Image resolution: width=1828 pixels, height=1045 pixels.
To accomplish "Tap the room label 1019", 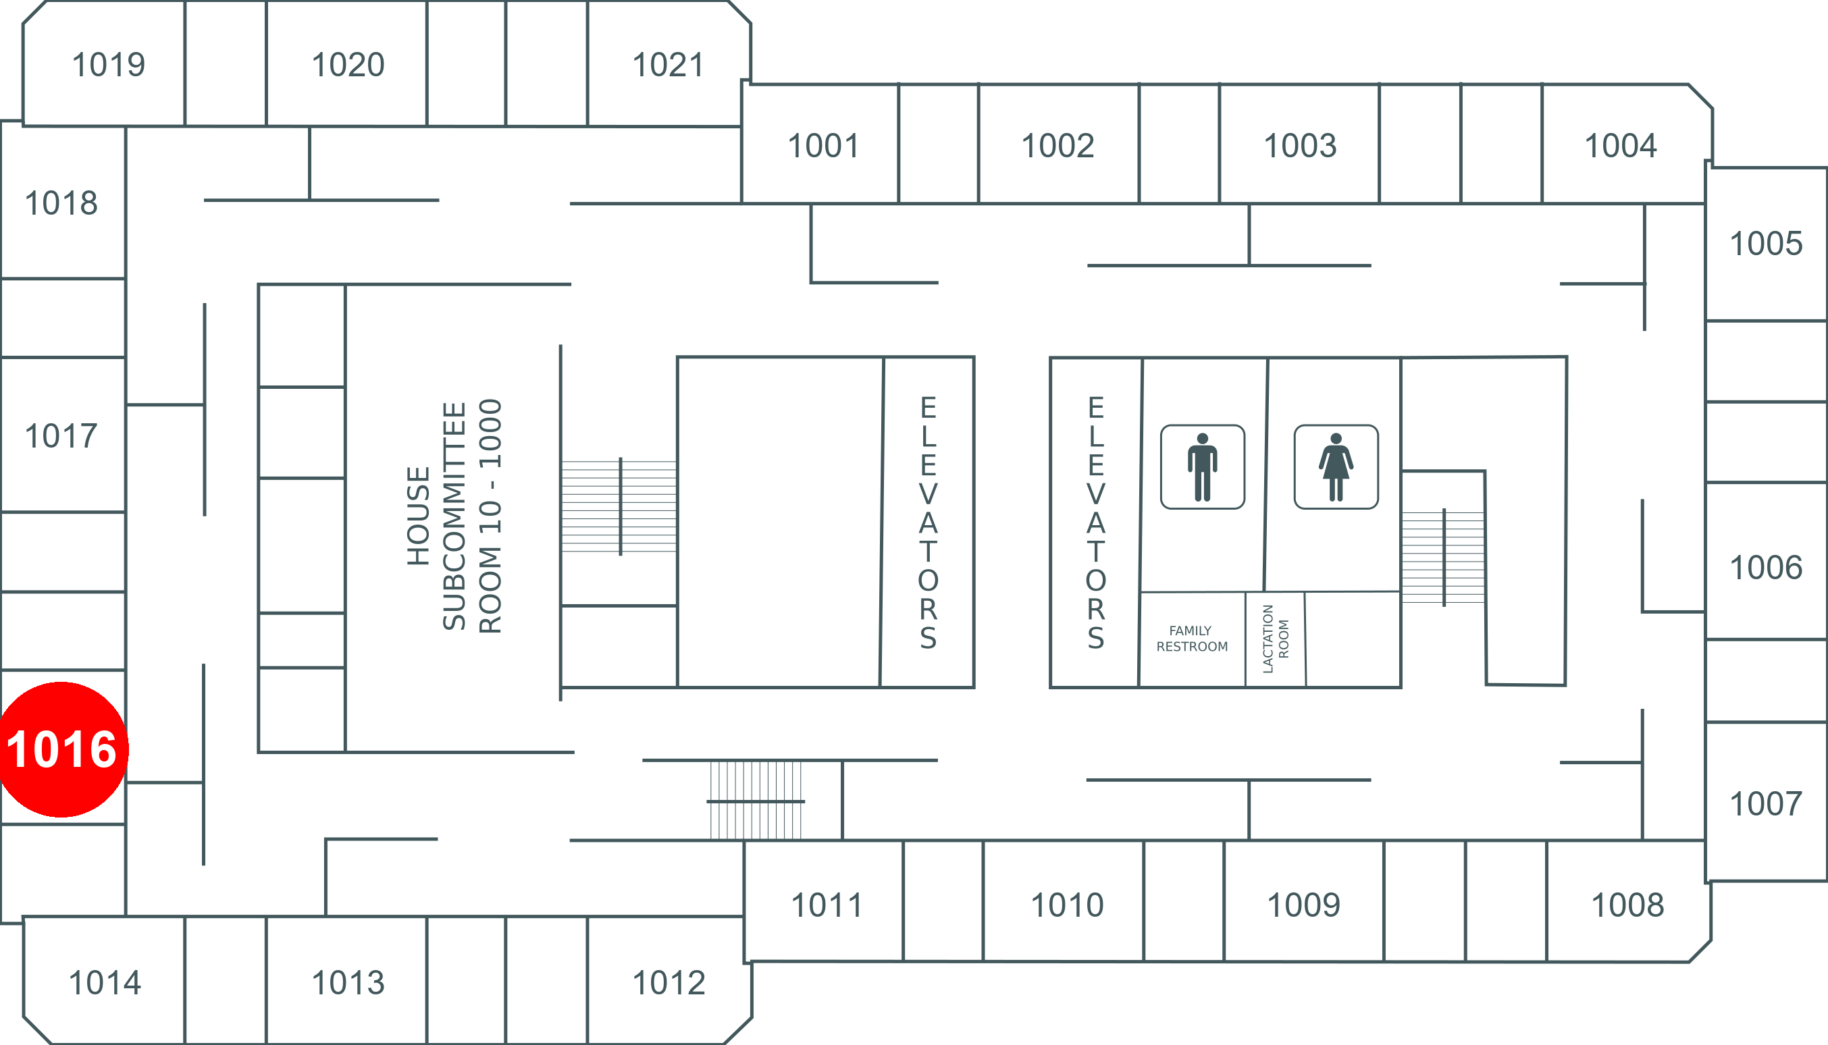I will click(109, 65).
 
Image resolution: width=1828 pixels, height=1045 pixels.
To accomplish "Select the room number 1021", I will click(668, 65).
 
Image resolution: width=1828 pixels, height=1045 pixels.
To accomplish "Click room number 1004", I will click(1621, 146).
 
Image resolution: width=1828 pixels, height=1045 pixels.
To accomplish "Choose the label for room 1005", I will click(1765, 244).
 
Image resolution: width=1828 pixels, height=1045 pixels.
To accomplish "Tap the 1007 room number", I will click(1765, 804).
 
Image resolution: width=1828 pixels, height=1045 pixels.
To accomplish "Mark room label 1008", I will click(1627, 905).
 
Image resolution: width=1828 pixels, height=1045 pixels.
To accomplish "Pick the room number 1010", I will click(1067, 905).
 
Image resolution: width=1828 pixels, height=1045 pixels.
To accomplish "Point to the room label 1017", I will click(61, 436).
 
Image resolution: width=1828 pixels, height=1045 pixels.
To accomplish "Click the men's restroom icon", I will click(1203, 467).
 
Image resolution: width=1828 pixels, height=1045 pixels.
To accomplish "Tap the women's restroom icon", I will click(1336, 467).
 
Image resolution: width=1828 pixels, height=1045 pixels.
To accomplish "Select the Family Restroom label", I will click(1192, 639).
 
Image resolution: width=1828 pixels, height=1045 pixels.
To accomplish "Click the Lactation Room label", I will click(1275, 639).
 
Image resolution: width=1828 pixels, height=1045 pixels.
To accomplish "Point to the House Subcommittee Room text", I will click(454, 516).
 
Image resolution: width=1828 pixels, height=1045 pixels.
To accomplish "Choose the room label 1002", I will click(1057, 146).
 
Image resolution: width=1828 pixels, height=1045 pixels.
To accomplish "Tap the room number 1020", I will click(348, 65).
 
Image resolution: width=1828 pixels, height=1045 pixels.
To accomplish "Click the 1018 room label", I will click(61, 203).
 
